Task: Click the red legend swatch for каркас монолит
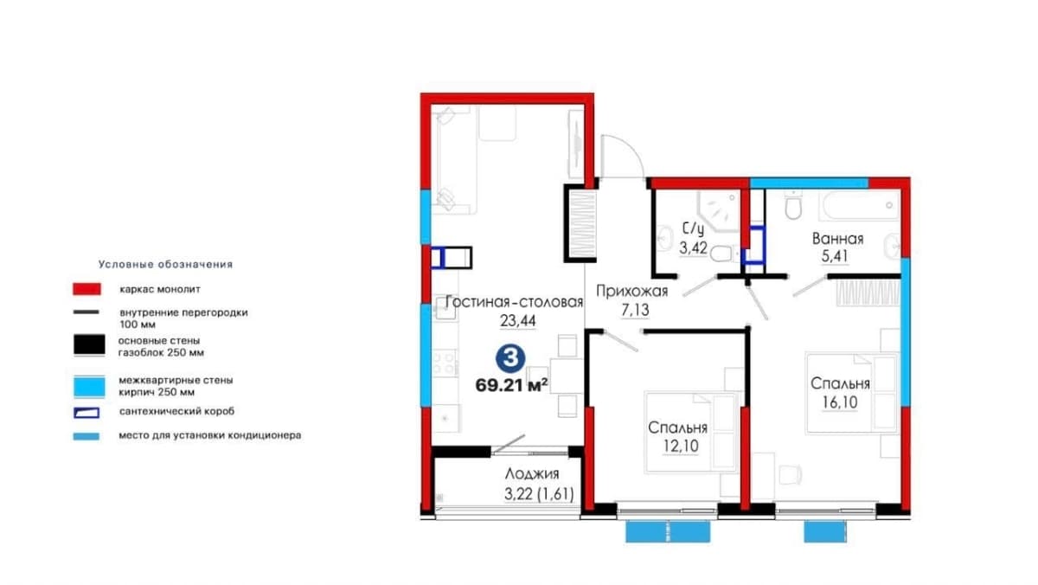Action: coord(86,289)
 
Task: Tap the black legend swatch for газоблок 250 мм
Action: coord(89,345)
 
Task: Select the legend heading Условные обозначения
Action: coord(165,265)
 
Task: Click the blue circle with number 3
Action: coord(510,358)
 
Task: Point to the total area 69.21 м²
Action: coord(511,385)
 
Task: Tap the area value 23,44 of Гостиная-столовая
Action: coord(517,320)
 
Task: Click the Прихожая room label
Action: coord(631,291)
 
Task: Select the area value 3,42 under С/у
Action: coord(693,248)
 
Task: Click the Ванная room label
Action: coord(838,239)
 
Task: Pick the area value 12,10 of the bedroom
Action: coord(681,446)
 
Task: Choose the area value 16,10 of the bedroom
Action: coord(840,402)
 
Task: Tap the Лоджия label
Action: coord(532,473)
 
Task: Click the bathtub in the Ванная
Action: coord(860,206)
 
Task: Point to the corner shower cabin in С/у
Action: coord(719,211)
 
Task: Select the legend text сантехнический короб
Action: coord(176,411)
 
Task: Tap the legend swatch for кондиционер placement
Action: coord(86,436)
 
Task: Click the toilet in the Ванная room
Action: coord(793,205)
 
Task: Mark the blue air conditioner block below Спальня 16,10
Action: coord(825,531)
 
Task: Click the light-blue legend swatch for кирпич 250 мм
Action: coord(89,387)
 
